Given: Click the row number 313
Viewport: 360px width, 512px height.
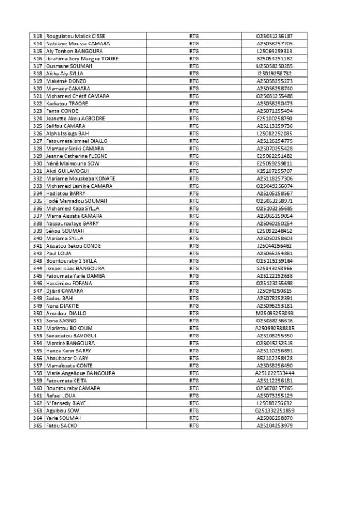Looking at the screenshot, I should [38, 36].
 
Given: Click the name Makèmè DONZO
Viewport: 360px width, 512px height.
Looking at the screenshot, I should [66, 81].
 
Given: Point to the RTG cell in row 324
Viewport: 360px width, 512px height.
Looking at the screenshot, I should [194, 119].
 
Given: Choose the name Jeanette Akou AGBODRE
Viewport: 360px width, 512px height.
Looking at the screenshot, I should [75, 119].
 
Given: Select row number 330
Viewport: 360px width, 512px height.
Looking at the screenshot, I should [38, 163].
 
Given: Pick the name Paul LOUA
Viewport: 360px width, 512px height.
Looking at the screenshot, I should [58, 253].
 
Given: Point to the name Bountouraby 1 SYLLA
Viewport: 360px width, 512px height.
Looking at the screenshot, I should [71, 260].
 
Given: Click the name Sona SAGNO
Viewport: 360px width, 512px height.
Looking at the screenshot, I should [61, 320].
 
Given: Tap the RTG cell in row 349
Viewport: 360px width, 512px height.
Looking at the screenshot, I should [194, 305].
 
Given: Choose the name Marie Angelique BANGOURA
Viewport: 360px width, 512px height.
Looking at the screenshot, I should [81, 373].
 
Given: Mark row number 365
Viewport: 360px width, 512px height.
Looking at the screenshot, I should [38, 426].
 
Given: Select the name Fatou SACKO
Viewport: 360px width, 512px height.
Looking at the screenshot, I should [61, 426].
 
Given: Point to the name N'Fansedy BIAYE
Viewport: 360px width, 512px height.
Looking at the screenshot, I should [65, 403].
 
